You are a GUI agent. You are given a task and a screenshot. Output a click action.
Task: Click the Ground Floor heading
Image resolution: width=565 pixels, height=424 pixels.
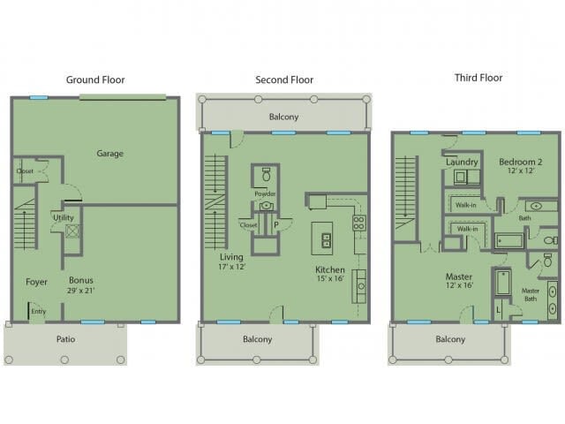[95, 79]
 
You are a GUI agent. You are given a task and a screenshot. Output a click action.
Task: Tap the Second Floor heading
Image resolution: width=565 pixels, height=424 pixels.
[284, 79]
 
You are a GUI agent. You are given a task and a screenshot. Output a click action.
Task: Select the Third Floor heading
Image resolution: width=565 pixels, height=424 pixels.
[478, 78]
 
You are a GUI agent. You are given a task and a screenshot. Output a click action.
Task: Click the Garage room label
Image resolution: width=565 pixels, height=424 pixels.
[110, 154]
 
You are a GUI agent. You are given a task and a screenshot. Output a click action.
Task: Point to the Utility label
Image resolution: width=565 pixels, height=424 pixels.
[63, 216]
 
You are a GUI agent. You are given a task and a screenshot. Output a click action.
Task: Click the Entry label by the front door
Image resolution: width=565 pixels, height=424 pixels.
[39, 310]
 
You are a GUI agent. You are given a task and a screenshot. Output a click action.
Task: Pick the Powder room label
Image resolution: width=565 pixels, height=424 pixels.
[265, 193]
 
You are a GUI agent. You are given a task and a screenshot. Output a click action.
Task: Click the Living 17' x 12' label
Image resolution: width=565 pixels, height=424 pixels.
[231, 260]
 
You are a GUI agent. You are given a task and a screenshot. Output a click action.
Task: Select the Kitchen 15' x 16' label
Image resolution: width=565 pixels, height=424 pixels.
[331, 274]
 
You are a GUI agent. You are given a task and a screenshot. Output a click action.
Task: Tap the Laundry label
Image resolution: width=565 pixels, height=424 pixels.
[462, 163]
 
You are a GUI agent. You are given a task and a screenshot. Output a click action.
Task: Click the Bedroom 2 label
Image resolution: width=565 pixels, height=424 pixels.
[520, 167]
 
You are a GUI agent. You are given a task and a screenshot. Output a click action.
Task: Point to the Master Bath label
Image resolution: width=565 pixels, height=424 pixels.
[531, 294]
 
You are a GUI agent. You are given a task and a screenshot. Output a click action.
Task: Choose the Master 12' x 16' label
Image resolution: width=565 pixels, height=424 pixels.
[459, 281]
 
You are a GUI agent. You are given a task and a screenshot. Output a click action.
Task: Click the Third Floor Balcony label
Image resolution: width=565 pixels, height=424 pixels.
[450, 339]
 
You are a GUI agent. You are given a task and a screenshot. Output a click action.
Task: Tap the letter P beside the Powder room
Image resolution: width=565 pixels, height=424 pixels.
[276, 224]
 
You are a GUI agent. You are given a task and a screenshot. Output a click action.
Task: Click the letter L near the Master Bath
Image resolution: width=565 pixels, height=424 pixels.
[498, 308]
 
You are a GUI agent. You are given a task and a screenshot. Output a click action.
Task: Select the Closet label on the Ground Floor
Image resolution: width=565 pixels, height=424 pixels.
[25, 170]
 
